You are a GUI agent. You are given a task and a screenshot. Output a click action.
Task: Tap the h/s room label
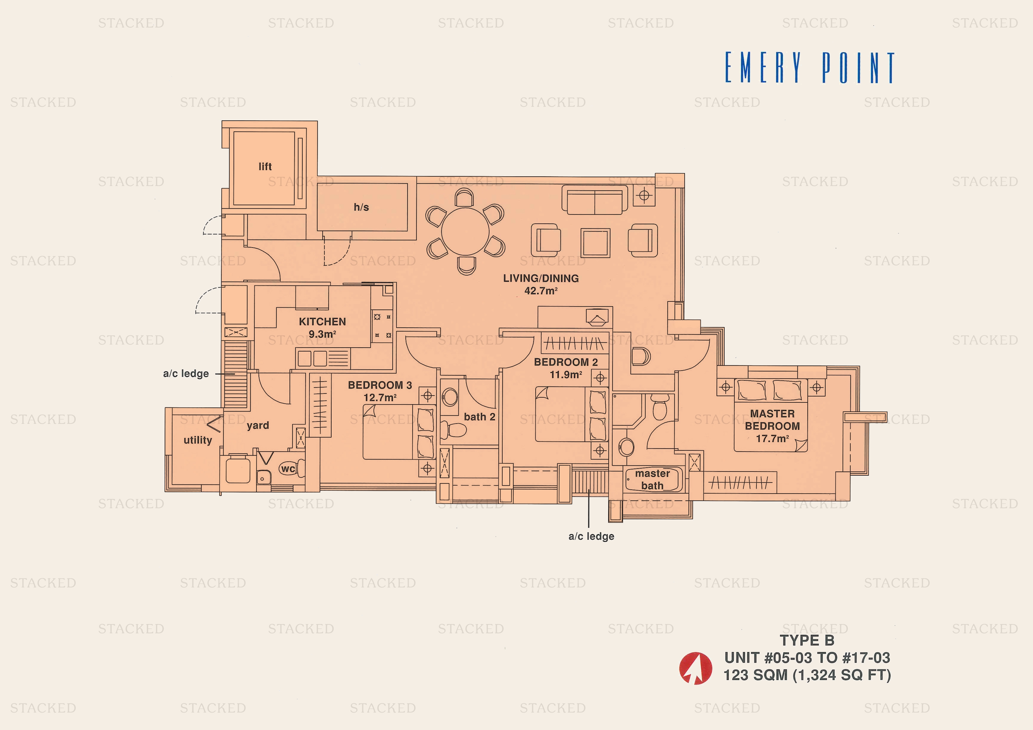coord(361,207)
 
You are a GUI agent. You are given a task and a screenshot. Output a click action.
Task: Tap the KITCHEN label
coord(322,322)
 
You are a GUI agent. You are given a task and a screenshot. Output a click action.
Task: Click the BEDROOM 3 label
coord(380,385)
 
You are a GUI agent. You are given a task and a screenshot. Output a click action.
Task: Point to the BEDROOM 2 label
coord(566,362)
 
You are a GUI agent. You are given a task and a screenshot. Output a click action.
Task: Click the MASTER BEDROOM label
coord(772,420)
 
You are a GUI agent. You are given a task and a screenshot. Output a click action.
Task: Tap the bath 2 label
coord(479,417)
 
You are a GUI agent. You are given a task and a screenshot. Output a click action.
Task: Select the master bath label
coord(652,480)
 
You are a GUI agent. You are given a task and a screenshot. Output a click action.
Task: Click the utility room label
coord(198,440)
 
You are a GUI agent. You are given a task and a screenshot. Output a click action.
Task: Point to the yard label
coord(258,426)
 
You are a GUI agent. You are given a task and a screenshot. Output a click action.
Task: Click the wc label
coord(288,469)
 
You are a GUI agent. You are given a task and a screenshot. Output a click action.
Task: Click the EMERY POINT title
coord(809,68)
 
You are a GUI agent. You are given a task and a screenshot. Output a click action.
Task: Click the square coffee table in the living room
coord(595,243)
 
